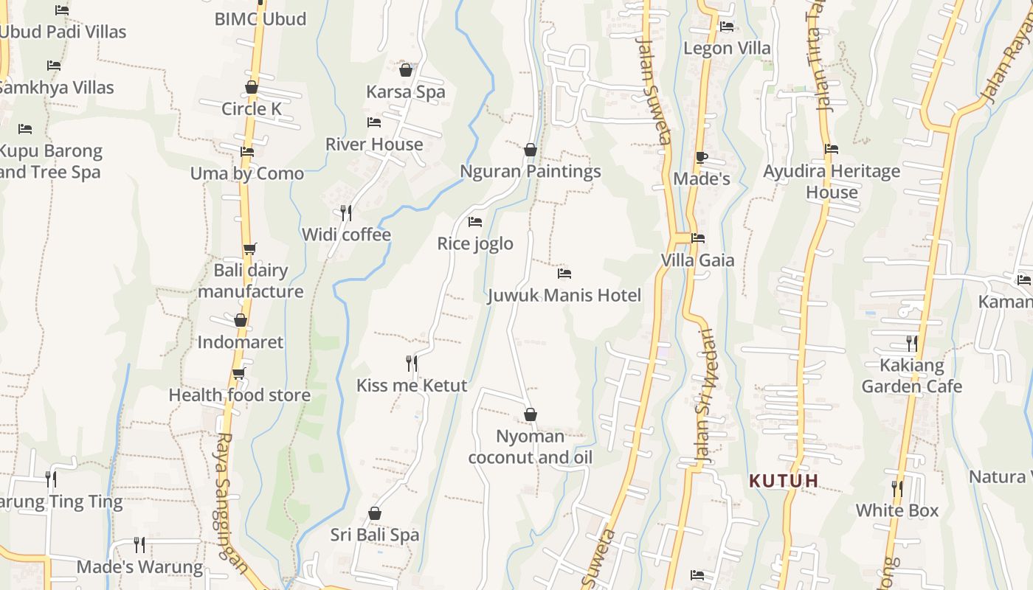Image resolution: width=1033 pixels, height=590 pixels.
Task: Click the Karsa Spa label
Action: pos(406,92)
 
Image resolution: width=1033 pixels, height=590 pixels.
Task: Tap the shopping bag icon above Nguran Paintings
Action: pos(530,150)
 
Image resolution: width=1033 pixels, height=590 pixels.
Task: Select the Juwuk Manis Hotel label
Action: pos(564,296)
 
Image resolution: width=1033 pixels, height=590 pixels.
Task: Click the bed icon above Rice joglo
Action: pos(475,221)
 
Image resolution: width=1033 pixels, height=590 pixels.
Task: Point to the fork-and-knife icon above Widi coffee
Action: pos(346,213)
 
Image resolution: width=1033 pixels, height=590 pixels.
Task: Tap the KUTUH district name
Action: pos(784,482)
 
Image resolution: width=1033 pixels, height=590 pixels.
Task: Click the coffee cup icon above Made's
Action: pos(701,157)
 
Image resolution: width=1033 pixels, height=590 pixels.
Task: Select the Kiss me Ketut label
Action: pos(412,386)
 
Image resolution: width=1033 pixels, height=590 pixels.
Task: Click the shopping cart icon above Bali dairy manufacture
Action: pos(250,249)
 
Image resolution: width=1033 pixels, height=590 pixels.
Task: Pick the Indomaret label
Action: pos(240,342)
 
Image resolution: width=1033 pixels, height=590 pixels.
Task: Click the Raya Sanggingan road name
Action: pos(230,502)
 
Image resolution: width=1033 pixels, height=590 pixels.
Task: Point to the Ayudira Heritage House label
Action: pos(832,182)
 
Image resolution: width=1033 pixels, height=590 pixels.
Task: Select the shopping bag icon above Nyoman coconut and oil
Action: pos(530,414)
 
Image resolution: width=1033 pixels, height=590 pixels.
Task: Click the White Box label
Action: pos(896,510)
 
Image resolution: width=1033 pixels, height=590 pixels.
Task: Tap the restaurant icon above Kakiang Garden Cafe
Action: pos(912,343)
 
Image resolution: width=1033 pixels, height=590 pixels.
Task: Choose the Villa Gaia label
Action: pos(697,260)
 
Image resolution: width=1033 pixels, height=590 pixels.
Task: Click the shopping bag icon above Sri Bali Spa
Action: pos(375,513)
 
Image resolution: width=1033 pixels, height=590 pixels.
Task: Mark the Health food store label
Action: pos(239,395)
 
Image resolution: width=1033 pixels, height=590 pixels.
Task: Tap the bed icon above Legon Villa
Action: pos(727,27)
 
